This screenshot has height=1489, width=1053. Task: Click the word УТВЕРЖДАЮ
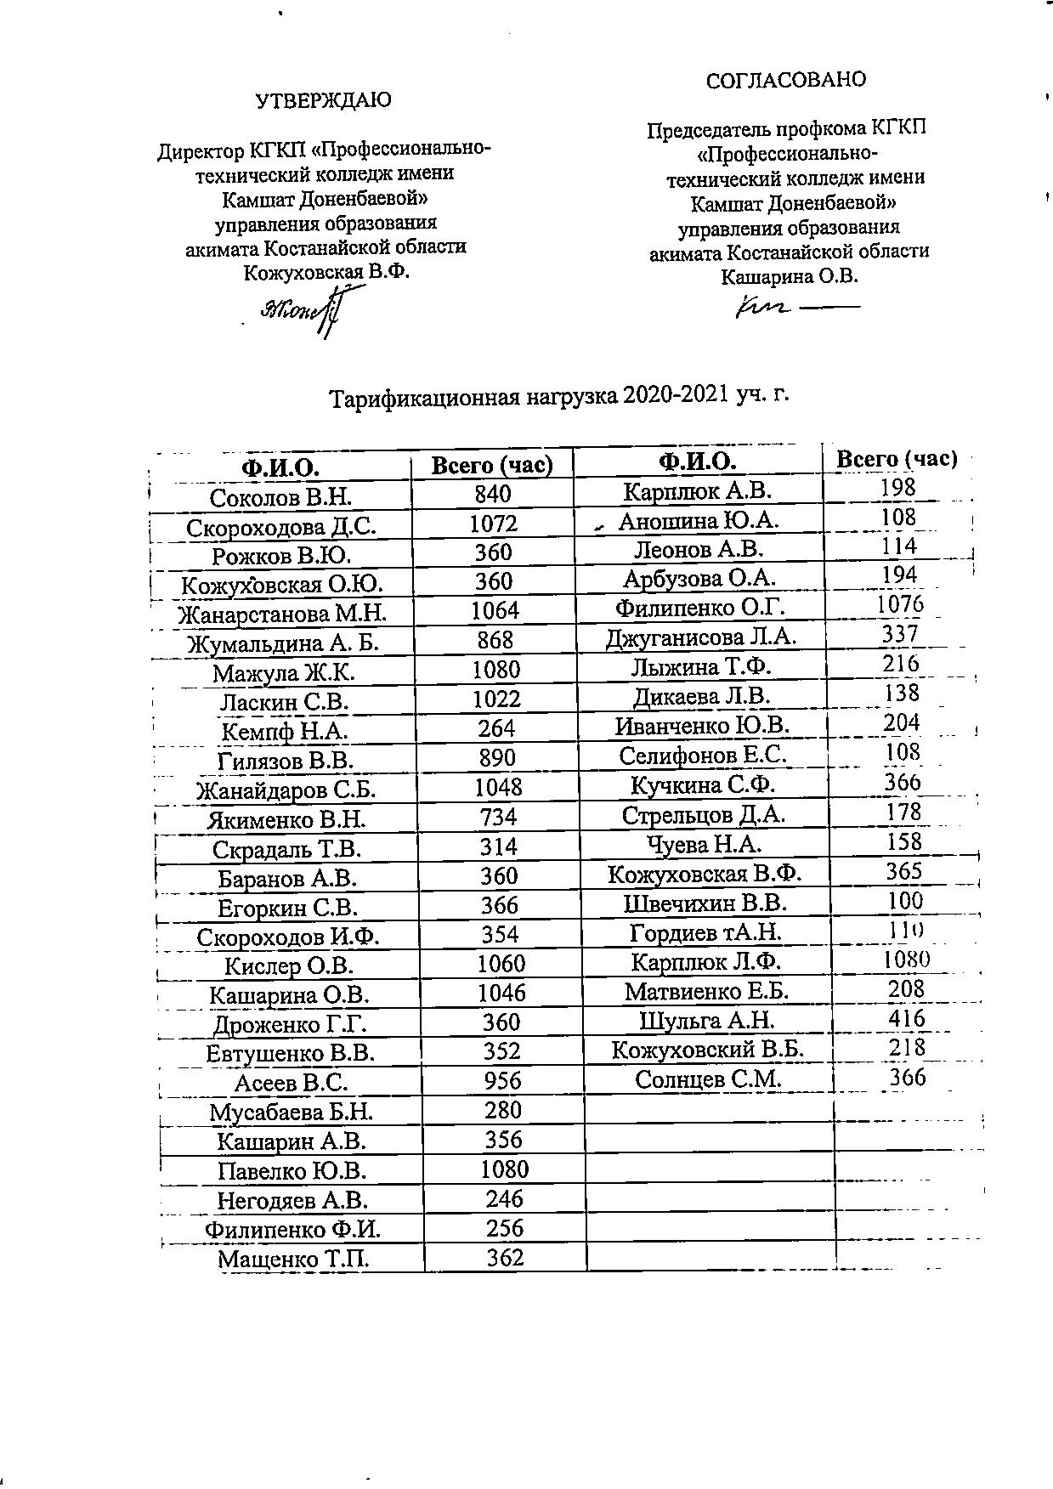(x=324, y=100)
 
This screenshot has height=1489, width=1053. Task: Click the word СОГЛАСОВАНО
(x=786, y=80)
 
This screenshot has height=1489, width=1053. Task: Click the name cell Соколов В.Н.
(x=280, y=496)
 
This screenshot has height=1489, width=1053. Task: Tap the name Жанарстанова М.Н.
(x=282, y=613)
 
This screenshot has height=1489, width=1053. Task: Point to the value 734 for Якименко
(x=497, y=818)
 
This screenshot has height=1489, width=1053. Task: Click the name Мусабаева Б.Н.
(x=292, y=1112)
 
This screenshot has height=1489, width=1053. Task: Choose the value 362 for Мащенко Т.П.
(x=505, y=1258)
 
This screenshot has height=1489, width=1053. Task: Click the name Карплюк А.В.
(x=697, y=491)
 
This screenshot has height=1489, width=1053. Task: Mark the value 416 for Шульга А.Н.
(x=906, y=1018)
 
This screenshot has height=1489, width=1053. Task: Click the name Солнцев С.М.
(x=708, y=1079)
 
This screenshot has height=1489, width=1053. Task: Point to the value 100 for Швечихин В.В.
(x=905, y=901)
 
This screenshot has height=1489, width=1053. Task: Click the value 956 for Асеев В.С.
(x=502, y=1081)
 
